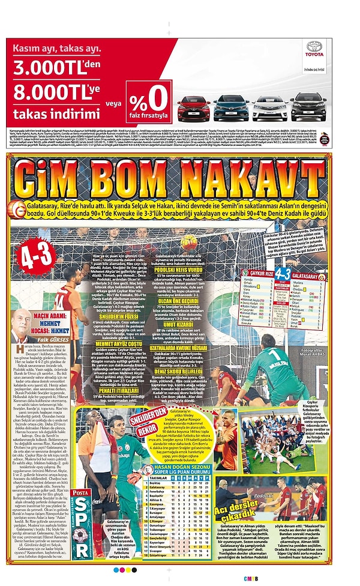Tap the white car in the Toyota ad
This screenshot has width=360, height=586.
[x=270, y=107]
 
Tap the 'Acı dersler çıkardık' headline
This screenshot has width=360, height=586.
[x=242, y=510]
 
